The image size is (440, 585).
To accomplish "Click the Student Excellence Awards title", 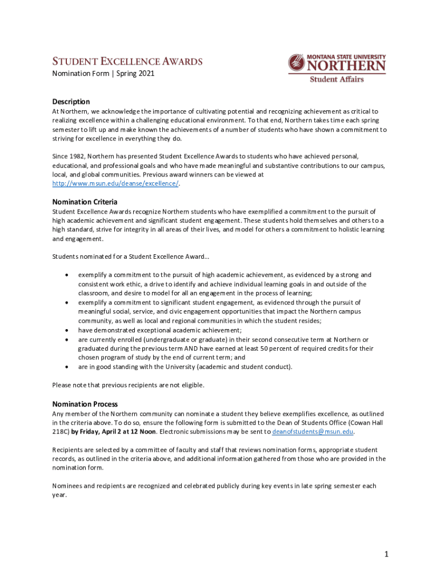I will [127, 61].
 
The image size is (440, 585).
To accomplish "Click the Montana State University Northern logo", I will [337, 64].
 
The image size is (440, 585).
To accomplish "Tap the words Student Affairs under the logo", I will [337, 79].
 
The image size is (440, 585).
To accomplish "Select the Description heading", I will [71, 102].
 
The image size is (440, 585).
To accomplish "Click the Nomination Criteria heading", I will [85, 202].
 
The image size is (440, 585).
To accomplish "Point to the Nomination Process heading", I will [85, 404].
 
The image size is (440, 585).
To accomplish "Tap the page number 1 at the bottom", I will [386, 554].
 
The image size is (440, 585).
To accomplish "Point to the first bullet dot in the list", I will [68, 275].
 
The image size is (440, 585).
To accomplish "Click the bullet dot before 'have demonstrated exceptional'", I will [68, 330].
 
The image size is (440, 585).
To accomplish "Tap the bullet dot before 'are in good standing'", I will [68, 367].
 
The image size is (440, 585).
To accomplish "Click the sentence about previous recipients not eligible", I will [128, 385].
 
